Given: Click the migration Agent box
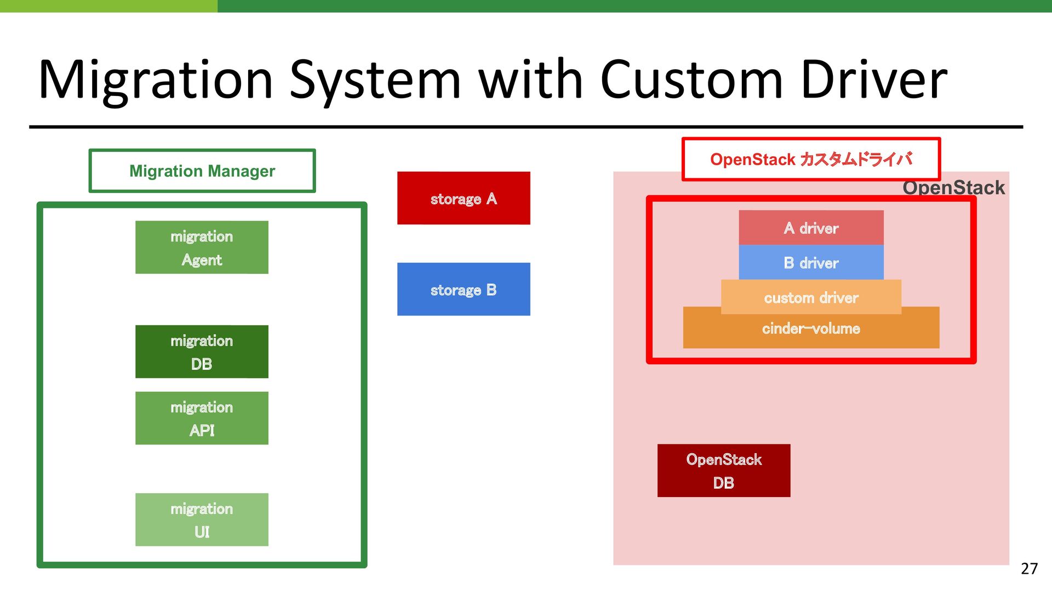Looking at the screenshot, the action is [202, 247].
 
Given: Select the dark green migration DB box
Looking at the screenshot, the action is [202, 352].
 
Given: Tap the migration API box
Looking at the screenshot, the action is [202, 418].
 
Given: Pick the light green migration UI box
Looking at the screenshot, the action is [202, 519].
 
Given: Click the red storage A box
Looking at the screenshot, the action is [464, 198].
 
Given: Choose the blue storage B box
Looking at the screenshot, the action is [464, 289].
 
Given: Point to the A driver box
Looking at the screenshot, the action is [811, 228].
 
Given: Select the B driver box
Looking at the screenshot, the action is [811, 262].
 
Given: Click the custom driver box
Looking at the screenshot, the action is [811, 297].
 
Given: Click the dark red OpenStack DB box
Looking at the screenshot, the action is [724, 471].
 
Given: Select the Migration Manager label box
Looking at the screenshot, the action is [202, 171].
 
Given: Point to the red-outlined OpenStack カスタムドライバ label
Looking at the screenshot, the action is [811, 159].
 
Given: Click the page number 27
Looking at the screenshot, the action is [1029, 568].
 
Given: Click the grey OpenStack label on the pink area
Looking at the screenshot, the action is [953, 188].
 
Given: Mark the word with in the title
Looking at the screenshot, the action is [530, 80].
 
